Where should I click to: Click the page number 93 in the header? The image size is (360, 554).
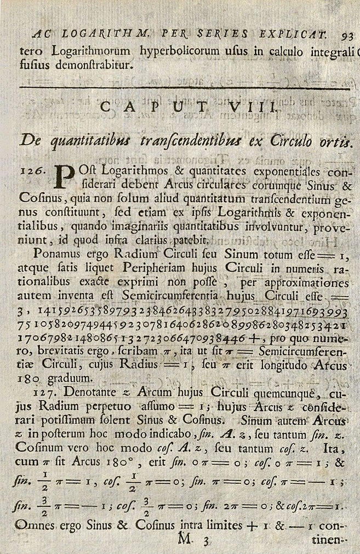[x=347, y=37]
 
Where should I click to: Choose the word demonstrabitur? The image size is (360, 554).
[x=96, y=65]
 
